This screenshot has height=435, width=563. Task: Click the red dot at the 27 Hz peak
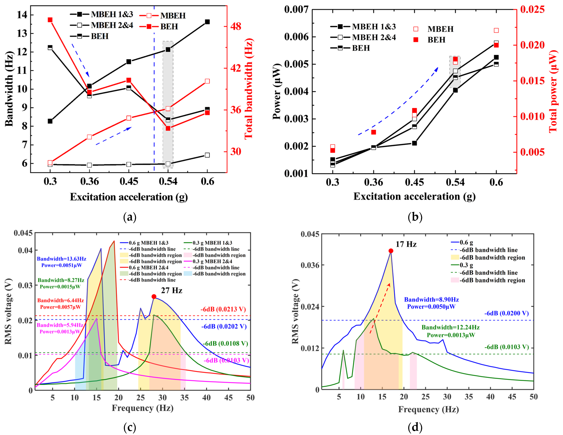[x=154, y=297]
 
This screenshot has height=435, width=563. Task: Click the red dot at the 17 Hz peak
[x=391, y=251]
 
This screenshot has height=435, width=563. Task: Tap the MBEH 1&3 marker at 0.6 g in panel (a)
[x=207, y=22]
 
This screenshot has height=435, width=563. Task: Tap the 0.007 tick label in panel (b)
[x=296, y=9]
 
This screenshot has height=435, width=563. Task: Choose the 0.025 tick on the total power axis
[x=533, y=9]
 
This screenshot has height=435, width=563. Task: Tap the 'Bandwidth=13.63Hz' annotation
[x=62, y=259]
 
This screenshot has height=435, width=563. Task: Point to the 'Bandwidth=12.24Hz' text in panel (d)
[x=451, y=327]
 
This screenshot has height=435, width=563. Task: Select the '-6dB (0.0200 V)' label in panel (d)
[x=507, y=313]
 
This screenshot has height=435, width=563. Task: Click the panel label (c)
[x=130, y=427]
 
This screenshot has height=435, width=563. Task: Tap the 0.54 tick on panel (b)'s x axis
[x=455, y=182]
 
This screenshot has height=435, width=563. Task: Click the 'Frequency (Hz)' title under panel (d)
[x=429, y=409]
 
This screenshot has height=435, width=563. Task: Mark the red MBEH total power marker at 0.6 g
[x=496, y=30]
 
